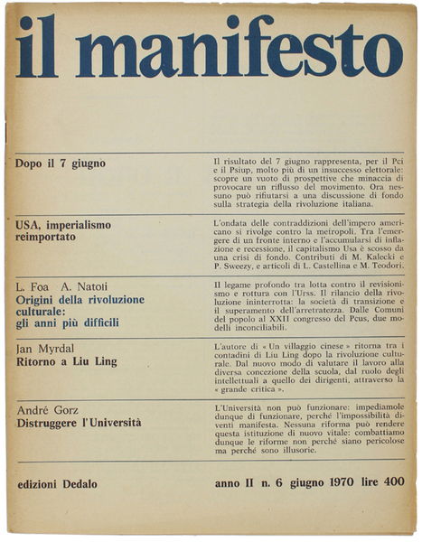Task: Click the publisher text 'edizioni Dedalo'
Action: pyautogui.click(x=62, y=484)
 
